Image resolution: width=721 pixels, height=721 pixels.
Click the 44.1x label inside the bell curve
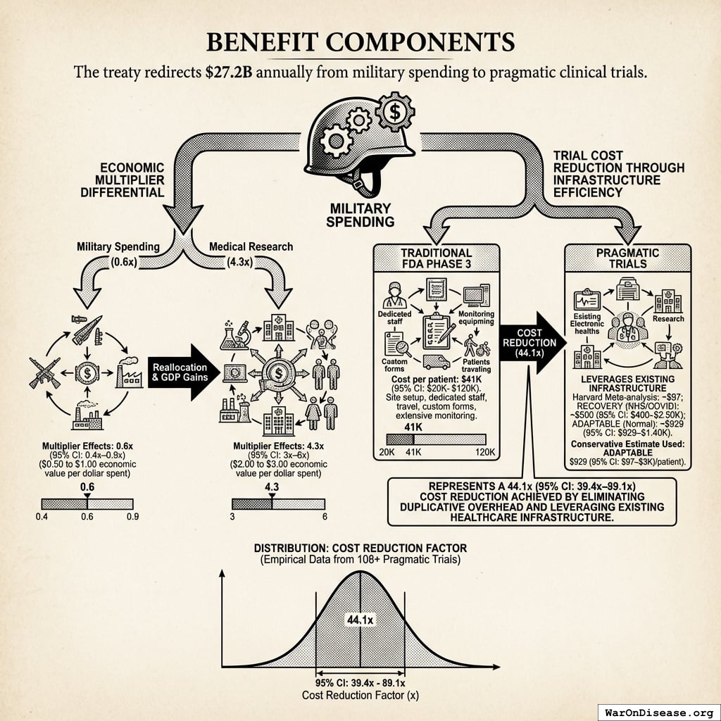point(360,620)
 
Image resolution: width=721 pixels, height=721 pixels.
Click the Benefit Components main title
point(360,42)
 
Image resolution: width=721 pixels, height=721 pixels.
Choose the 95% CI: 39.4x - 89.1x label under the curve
point(360,682)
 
